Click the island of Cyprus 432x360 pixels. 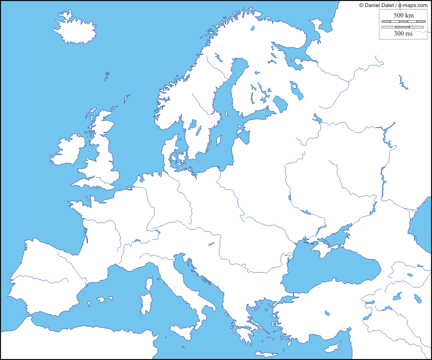[x=332, y=347]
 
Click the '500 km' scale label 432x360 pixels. [x=403, y=15]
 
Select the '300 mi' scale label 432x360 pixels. [x=403, y=33]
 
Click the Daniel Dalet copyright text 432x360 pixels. [x=393, y=5]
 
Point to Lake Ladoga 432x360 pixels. [x=280, y=104]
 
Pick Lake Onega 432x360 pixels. [x=296, y=90]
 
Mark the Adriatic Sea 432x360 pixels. [x=196, y=278]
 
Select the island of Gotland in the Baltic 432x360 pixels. [x=219, y=140]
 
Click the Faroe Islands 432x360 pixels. [x=107, y=77]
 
